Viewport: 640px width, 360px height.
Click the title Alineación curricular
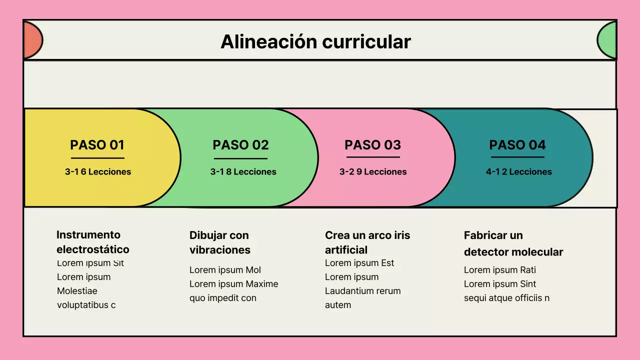(315, 41)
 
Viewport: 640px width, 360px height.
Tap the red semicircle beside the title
(32, 40)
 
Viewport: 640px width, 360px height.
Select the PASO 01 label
(97, 145)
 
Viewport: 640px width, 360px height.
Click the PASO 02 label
(240, 145)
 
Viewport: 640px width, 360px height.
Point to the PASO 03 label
(372, 145)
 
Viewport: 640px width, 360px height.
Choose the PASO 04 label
(517, 145)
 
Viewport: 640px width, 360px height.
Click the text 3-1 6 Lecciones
(98, 171)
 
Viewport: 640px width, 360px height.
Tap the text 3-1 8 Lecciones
(243, 171)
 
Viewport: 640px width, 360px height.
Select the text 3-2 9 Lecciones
(373, 171)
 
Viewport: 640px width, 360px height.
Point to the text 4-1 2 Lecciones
(518, 171)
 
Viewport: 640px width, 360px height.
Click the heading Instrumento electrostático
(92, 242)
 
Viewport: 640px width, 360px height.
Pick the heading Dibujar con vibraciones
(219, 242)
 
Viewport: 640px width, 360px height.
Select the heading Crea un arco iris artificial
(367, 242)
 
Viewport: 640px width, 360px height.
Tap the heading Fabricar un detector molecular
(513, 243)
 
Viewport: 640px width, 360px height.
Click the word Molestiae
(77, 291)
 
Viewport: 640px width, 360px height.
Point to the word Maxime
(262, 284)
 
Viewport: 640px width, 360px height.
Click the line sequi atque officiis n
(506, 298)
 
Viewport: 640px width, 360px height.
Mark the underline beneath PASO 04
(517, 157)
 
